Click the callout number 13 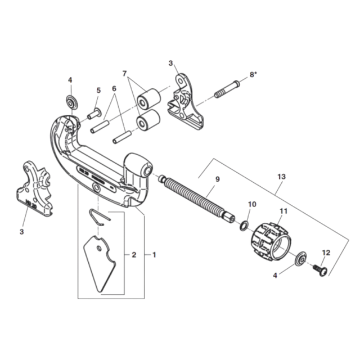coord(281,177)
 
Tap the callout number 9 coord(218,179)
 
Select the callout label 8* coord(253,75)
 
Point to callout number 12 coord(326,253)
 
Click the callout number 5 coord(98,91)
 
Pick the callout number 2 coord(134,255)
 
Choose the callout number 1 coord(154,255)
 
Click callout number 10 coord(252,204)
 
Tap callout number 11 coord(283,211)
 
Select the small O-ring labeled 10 coord(244,226)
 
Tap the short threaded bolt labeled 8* coord(227,89)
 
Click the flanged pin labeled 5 coord(94,114)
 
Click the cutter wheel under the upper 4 coord(72,101)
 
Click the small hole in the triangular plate coord(99,249)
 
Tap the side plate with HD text coord(34,188)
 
